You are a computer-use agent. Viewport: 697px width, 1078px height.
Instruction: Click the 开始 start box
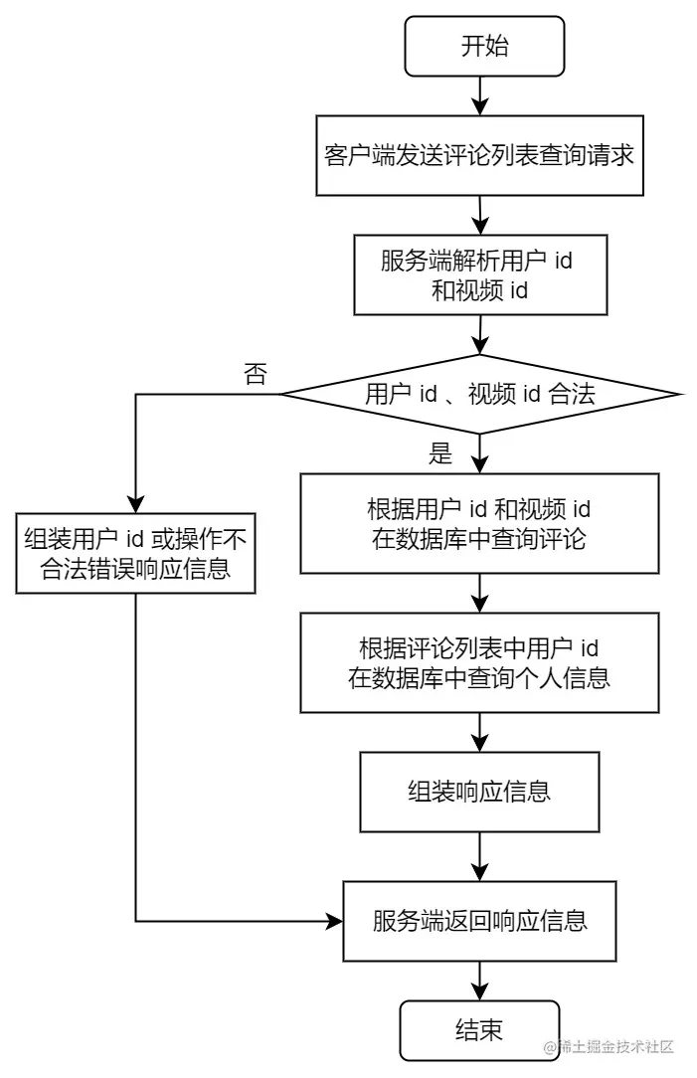pyautogui.click(x=484, y=46)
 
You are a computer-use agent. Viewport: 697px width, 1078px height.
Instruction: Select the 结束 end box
pyautogui.click(x=479, y=1029)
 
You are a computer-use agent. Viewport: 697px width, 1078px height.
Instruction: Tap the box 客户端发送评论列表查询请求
pyautogui.click(x=479, y=155)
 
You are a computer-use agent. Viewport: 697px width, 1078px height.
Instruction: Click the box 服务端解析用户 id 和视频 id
pyautogui.click(x=480, y=275)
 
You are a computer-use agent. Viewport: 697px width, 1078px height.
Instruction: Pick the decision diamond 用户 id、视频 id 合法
pyautogui.click(x=480, y=394)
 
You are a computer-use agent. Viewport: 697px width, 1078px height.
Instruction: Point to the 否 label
pyautogui.click(x=255, y=375)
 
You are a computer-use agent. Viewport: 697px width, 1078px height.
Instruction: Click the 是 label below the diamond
pyautogui.click(x=439, y=453)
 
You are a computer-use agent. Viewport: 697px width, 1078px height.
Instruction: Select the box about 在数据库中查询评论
pyautogui.click(x=479, y=523)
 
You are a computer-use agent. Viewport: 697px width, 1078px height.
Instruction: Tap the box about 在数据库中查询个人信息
pyautogui.click(x=479, y=662)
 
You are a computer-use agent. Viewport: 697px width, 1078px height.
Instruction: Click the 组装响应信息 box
pyautogui.click(x=479, y=792)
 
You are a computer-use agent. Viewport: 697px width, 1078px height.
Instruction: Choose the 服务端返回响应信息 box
pyautogui.click(x=479, y=921)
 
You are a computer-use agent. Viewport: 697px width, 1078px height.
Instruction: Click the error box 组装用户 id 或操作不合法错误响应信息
pyautogui.click(x=135, y=554)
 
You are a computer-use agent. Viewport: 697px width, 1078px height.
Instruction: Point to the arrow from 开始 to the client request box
pyautogui.click(x=480, y=95)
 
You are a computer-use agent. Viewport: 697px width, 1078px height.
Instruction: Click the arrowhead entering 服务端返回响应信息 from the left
pyautogui.click(x=335, y=921)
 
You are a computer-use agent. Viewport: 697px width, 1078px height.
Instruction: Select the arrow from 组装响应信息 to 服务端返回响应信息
pyautogui.click(x=480, y=856)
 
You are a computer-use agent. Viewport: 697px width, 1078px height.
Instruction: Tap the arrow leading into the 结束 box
pyautogui.click(x=480, y=982)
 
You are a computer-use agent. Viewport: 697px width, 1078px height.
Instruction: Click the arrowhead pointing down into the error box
pyautogui.click(x=135, y=504)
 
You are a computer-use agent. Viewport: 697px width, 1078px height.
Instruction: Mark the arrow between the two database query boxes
pyautogui.click(x=480, y=594)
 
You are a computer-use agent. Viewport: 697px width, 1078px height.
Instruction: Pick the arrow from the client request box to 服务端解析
pyautogui.click(x=480, y=215)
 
